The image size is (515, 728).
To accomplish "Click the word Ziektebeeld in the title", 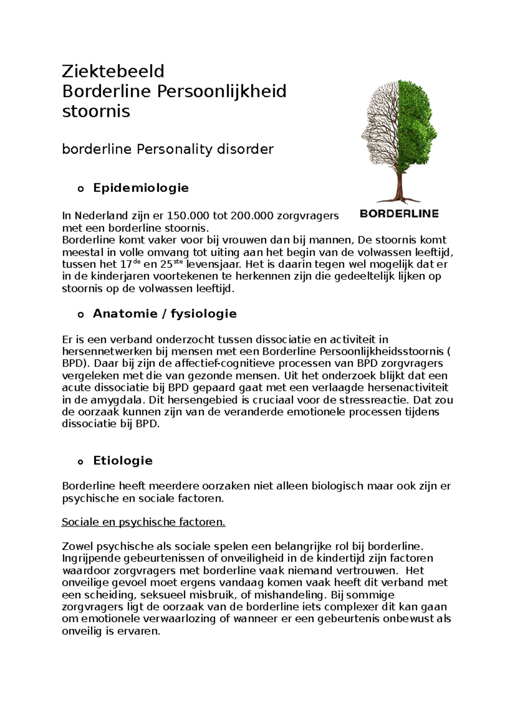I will click(x=113, y=71).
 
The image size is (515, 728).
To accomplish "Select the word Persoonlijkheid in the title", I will click(x=221, y=91).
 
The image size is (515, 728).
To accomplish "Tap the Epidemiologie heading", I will click(x=141, y=188).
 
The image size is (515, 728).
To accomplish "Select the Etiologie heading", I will click(x=123, y=461).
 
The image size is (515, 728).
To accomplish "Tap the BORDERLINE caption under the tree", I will click(x=399, y=214).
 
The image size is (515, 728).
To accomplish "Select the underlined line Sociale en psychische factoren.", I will click(x=143, y=522).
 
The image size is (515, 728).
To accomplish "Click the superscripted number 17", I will click(x=127, y=265).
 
